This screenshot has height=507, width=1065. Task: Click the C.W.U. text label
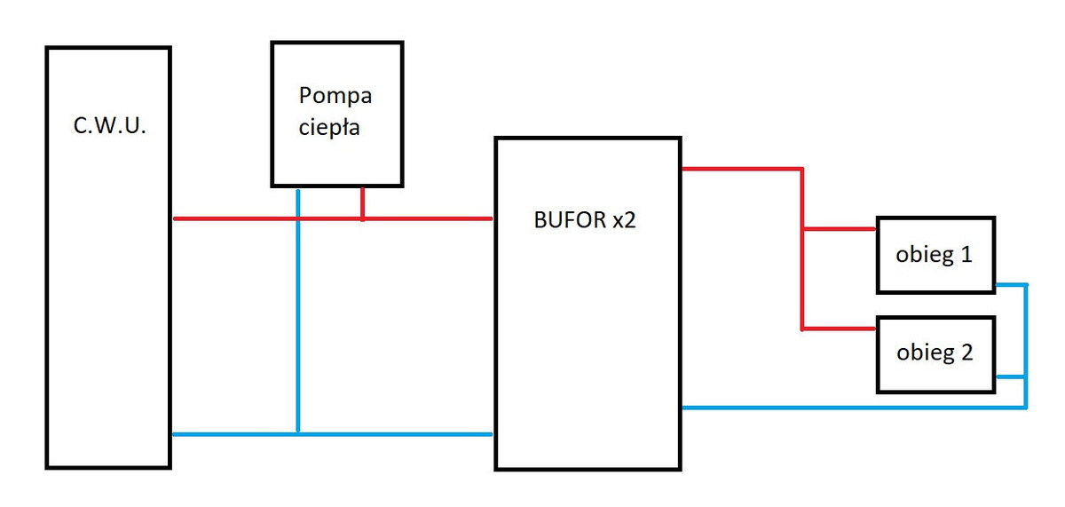click(x=108, y=126)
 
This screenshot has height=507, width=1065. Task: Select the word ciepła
click(x=330, y=126)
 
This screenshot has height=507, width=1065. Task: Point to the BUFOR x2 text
click(x=585, y=221)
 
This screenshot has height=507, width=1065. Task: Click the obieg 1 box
click(x=935, y=255)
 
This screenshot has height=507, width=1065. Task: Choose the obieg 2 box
click(x=935, y=353)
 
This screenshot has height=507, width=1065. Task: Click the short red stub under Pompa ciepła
click(x=362, y=202)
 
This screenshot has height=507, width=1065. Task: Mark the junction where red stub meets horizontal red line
click(x=362, y=218)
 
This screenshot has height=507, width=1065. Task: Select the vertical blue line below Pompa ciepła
click(x=298, y=311)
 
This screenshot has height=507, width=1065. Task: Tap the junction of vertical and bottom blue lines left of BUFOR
click(x=298, y=434)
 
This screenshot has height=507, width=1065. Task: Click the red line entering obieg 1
click(x=840, y=229)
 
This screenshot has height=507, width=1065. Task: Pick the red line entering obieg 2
click(x=840, y=329)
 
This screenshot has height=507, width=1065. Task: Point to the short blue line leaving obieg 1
click(x=1011, y=284)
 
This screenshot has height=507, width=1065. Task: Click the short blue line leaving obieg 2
click(x=1011, y=377)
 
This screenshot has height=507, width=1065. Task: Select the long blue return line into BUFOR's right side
click(x=852, y=408)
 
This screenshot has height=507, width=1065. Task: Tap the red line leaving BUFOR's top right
click(x=741, y=168)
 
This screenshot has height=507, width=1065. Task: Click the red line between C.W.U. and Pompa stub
click(x=266, y=218)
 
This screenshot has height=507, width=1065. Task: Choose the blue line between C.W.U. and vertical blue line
click(x=234, y=434)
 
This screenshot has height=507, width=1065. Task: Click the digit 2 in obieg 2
click(x=966, y=353)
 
